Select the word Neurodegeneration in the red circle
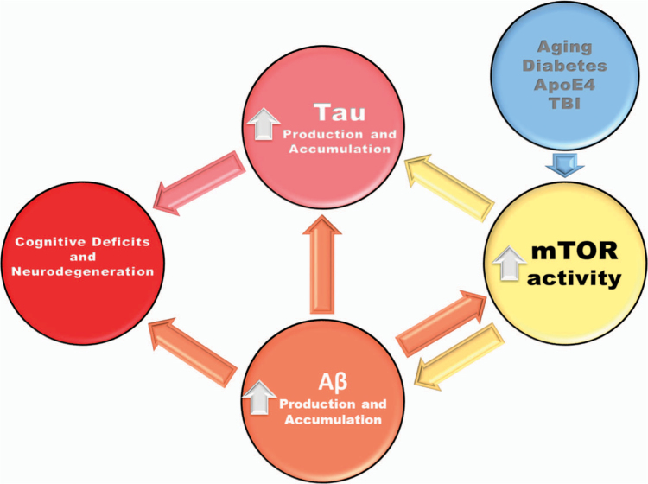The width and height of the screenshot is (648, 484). (x=81, y=271)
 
